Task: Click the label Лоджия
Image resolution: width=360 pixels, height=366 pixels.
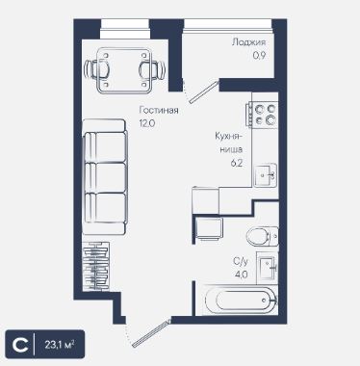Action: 248,42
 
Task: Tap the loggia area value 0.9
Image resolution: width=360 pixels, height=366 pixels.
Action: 259,55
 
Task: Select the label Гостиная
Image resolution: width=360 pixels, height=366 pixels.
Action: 159,110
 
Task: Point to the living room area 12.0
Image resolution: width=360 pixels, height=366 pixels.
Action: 147,123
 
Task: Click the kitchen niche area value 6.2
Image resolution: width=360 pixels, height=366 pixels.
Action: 236,163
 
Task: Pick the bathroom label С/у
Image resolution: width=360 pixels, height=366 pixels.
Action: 241,262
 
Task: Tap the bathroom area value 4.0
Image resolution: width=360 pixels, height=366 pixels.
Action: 241,274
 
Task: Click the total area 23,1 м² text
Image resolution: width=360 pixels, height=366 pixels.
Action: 60,345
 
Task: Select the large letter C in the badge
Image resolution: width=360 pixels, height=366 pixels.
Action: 20,345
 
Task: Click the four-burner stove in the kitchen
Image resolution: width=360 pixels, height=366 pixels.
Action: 262,115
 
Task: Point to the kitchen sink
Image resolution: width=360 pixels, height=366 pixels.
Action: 266,175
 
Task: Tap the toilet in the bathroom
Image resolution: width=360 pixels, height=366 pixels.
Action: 263,236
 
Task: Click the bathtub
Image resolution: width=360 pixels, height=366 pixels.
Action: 241,301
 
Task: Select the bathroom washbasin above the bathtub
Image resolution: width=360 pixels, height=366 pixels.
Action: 268,268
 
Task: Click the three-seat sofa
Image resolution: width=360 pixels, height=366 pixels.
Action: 104,176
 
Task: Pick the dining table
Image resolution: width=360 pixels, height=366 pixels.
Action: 124,70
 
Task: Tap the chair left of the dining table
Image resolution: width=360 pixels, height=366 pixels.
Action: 96,68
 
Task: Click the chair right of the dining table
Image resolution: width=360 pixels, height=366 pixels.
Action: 152,69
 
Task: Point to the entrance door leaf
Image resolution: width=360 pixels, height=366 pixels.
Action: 151,333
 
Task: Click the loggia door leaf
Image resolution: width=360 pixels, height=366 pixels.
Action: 204,92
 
